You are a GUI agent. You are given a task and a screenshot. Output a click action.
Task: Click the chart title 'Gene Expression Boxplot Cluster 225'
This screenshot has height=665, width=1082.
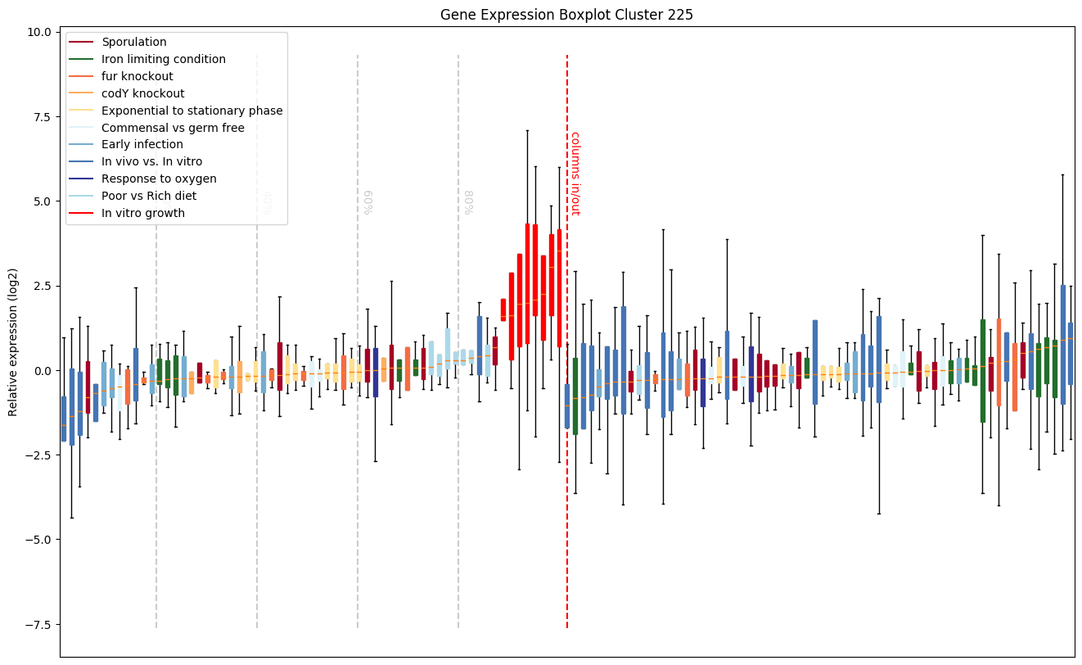pos(566,15)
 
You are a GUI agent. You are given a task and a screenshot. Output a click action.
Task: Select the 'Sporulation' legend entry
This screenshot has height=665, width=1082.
pos(133,42)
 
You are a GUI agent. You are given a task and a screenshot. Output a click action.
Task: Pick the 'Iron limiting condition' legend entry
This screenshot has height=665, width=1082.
pos(163,59)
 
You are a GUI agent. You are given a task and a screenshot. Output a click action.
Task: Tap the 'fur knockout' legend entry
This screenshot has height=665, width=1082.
pos(137,76)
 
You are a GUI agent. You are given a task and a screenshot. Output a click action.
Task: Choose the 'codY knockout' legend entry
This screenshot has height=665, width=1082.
pos(142,93)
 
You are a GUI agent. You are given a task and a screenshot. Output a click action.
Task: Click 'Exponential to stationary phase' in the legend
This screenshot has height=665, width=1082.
pos(192,111)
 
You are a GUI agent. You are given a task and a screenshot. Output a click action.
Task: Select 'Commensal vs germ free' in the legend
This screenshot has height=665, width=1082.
pos(173,128)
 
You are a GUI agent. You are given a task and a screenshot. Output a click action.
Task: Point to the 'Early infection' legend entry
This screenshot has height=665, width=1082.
pos(142,145)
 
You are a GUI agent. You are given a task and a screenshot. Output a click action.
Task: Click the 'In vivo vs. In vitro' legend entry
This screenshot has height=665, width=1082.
pos(151,162)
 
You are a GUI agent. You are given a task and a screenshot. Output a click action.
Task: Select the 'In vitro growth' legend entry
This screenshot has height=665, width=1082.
pos(142,213)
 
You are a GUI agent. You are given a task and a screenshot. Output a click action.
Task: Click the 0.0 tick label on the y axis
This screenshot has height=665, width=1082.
pos(42,370)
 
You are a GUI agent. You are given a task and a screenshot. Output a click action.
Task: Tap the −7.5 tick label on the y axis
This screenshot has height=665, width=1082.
pos(38,624)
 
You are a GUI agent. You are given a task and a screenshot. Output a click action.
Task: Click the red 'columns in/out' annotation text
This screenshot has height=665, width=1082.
pos(575,173)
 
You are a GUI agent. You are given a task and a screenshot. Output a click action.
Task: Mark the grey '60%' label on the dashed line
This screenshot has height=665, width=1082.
pos(367,201)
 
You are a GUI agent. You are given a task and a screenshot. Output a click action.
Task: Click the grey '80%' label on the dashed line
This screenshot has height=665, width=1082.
pos(468,201)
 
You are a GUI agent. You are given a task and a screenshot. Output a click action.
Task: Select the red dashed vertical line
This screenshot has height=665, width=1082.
pos(567,491)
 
